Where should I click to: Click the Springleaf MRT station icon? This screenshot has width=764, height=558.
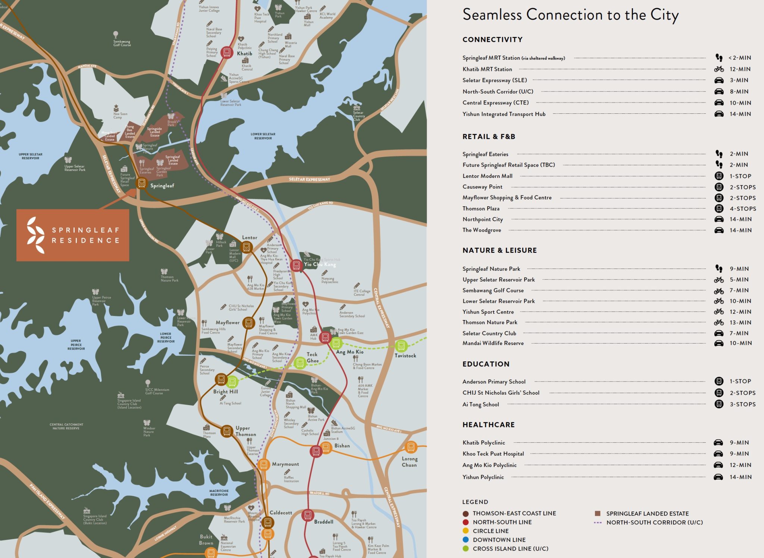(141, 183)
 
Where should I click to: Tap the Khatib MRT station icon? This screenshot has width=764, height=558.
(226, 52)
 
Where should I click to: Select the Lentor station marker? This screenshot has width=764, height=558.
(246, 247)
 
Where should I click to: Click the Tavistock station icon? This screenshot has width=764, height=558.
(401, 346)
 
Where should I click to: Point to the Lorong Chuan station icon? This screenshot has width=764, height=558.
(410, 446)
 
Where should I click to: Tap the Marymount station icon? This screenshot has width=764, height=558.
(263, 465)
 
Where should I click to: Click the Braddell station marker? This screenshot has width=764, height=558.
(307, 515)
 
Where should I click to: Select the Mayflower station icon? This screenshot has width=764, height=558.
(248, 323)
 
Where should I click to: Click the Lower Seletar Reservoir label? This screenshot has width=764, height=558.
(263, 136)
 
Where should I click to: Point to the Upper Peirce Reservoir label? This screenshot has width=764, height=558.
(76, 345)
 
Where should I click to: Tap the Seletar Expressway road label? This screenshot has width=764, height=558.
(309, 179)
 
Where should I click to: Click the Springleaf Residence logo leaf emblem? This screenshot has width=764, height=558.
(36, 235)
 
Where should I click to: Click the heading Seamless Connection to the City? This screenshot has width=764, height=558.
(570, 15)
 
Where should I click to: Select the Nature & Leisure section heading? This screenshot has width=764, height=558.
(500, 250)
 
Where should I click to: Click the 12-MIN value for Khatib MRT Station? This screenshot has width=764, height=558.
(740, 69)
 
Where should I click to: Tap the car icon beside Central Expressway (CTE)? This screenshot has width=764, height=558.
(719, 103)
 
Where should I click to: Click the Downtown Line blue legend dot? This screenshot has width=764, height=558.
(466, 540)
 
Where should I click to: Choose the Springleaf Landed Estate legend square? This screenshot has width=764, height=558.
(598, 514)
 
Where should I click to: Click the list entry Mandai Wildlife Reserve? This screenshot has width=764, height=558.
(493, 343)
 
